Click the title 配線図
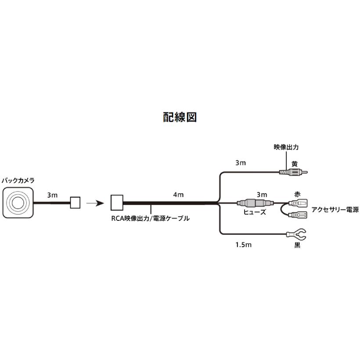tap(180, 118)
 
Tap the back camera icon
tap(18, 202)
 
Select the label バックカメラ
tap(18, 180)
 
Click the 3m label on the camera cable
tap(52, 195)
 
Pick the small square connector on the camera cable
tap(76, 202)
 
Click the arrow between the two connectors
tap(94, 203)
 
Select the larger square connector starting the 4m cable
tap(117, 202)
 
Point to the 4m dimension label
tap(178, 195)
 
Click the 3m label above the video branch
tap(240, 163)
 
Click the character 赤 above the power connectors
tap(297, 194)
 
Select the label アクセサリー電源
tap(335, 210)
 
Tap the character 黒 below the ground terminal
tap(297, 245)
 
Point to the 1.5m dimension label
tap(243, 245)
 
